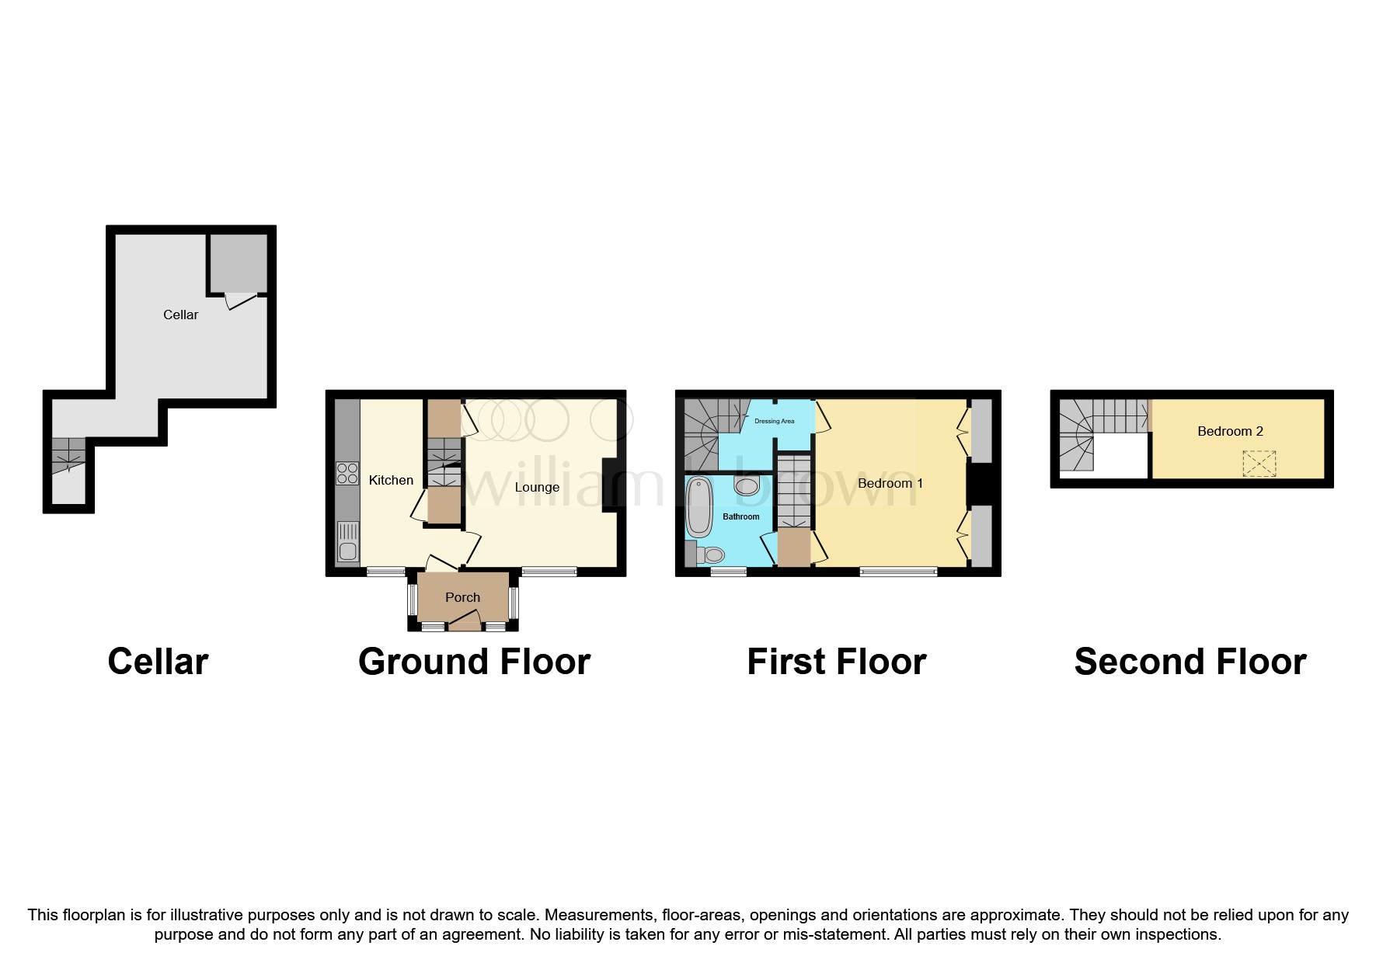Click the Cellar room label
click(x=180, y=315)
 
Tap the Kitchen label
click(x=391, y=480)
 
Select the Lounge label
click(x=537, y=487)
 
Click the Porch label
click(x=462, y=597)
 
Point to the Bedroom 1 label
click(x=890, y=483)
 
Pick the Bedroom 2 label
click(x=1230, y=431)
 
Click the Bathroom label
click(x=740, y=516)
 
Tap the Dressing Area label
click(x=774, y=421)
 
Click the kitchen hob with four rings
click(x=347, y=473)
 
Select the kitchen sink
click(x=348, y=542)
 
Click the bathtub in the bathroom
click(x=699, y=507)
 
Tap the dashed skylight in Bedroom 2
click(x=1259, y=464)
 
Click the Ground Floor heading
click(x=474, y=662)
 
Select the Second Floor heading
click(x=1190, y=662)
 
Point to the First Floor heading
click(x=836, y=662)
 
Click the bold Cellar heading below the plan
click(x=158, y=662)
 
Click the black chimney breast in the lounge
click(x=610, y=485)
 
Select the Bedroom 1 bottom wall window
click(x=898, y=572)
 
